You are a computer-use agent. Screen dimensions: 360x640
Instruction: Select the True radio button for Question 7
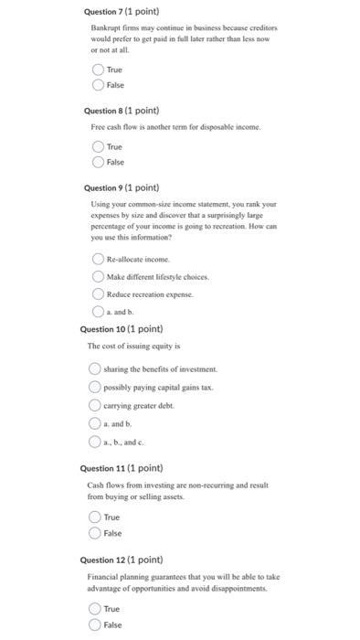pyautogui.click(x=98, y=69)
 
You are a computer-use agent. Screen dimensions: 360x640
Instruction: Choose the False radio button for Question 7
pyautogui.click(x=98, y=84)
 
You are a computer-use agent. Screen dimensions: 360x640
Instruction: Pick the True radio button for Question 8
pyautogui.click(x=98, y=146)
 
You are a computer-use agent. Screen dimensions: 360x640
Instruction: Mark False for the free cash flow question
pyautogui.click(x=98, y=161)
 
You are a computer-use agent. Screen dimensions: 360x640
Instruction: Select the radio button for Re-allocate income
pyautogui.click(x=98, y=259)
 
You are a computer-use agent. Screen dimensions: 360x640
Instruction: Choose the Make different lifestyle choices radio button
pyautogui.click(x=98, y=276)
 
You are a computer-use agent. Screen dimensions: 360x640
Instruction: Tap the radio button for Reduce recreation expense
pyautogui.click(x=98, y=293)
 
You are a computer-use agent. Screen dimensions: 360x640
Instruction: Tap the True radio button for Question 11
pyautogui.click(x=94, y=517)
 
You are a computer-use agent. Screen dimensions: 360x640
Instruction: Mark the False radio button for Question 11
pyautogui.click(x=94, y=533)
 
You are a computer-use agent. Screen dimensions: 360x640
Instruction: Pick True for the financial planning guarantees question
pyautogui.click(x=94, y=609)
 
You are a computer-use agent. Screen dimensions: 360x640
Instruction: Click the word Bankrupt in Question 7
pyautogui.click(x=105, y=29)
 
